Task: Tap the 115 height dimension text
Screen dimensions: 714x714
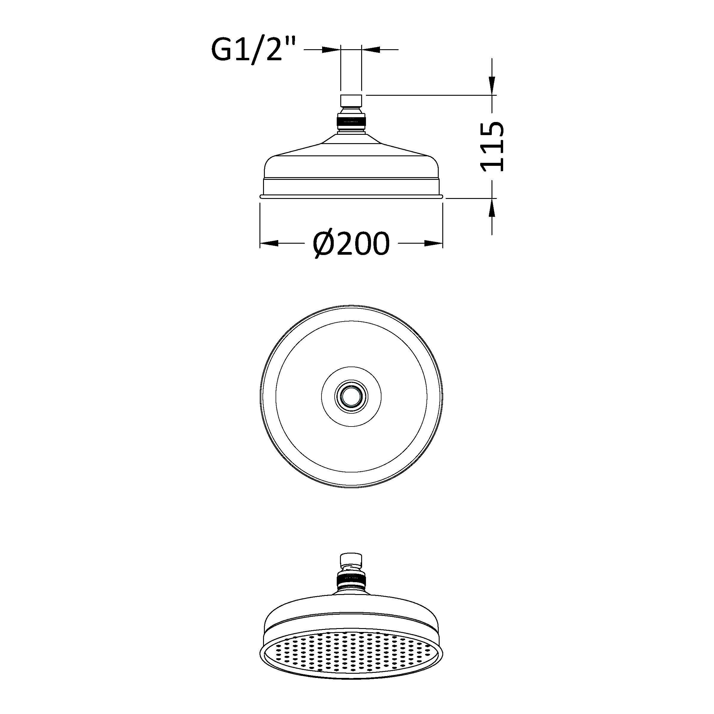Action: (492, 147)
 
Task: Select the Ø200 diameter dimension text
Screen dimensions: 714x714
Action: (351, 244)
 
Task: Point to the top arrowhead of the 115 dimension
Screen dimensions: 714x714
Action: (492, 86)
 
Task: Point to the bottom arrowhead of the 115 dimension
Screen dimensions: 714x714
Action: (492, 208)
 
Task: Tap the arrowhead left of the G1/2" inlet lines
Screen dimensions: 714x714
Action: (331, 49)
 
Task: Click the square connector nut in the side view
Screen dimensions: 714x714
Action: (351, 101)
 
